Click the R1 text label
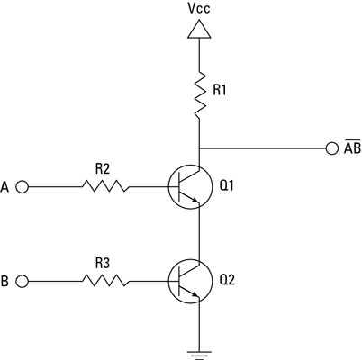pyautogui.click(x=221, y=91)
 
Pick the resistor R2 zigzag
pyautogui.click(x=105, y=187)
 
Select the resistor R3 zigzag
pyautogui.click(x=105, y=282)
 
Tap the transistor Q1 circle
pyautogui.click(x=192, y=187)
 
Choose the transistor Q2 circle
pyautogui.click(x=192, y=282)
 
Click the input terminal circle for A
pyautogui.click(x=23, y=187)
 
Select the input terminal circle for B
pyautogui.click(x=23, y=282)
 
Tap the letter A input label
pyautogui.click(x=7, y=187)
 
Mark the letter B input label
pyautogui.click(x=7, y=282)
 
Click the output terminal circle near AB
pyautogui.click(x=330, y=148)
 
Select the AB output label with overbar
pyautogui.click(x=349, y=147)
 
